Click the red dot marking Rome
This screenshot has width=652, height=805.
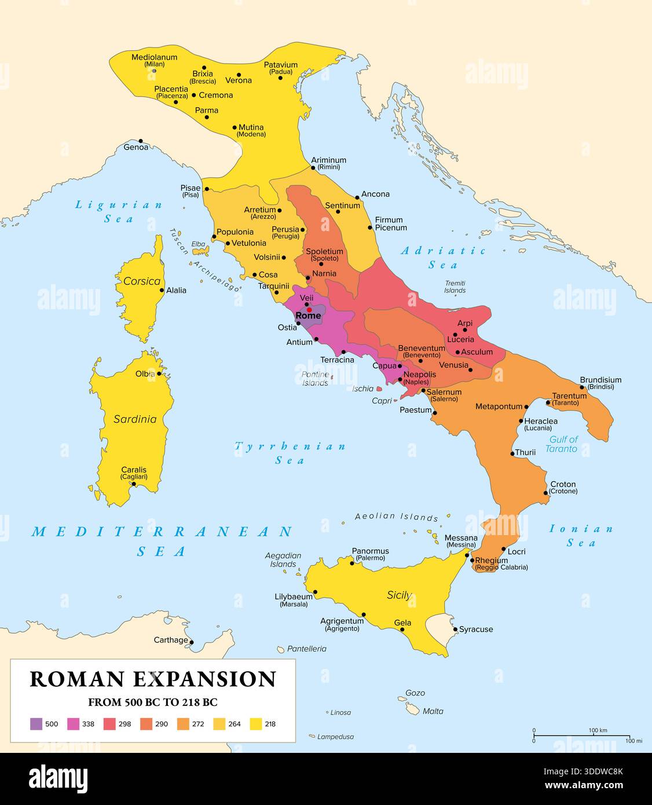pyautogui.click(x=309, y=309)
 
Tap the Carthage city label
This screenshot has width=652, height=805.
pyautogui.click(x=170, y=640)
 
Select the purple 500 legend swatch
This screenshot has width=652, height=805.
pyautogui.click(x=36, y=723)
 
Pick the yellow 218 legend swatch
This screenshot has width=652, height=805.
pyautogui.click(x=255, y=723)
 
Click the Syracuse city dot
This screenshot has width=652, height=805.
pyautogui.click(x=455, y=629)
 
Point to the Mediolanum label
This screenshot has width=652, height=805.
pyautogui.click(x=154, y=57)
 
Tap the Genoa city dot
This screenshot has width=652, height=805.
pyautogui.click(x=140, y=141)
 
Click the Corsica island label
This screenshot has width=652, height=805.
pyautogui.click(x=141, y=281)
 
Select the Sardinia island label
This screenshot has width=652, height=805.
pyautogui.click(x=135, y=419)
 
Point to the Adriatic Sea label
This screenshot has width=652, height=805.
pyautogui.click(x=444, y=258)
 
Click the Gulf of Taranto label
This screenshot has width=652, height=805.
pyautogui.click(x=562, y=444)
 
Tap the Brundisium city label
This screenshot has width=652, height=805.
pyautogui.click(x=601, y=380)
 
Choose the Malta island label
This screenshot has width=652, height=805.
pyautogui.click(x=433, y=711)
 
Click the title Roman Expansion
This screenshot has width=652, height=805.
pyautogui.click(x=153, y=679)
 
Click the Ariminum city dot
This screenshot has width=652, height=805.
pyautogui.click(x=313, y=168)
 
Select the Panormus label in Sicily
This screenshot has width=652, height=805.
pyautogui.click(x=370, y=551)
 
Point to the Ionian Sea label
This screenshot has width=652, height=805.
pyautogui.click(x=581, y=536)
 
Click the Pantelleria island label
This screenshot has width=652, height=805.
pyautogui.click(x=307, y=649)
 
